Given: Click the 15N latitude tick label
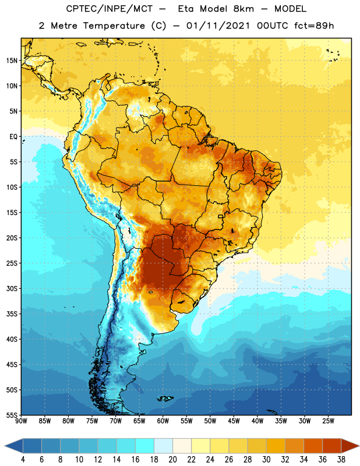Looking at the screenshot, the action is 12,61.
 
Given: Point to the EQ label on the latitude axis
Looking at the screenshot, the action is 13,137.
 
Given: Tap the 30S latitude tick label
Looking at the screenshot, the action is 12,289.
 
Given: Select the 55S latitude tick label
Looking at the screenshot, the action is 12,415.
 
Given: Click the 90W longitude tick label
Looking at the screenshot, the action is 21,421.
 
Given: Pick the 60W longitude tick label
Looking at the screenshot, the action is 163,421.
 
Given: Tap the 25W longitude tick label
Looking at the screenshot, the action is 328,421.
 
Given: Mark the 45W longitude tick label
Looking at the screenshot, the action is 234,421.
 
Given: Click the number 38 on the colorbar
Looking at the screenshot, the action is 341,460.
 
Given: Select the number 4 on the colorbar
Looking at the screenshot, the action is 23,460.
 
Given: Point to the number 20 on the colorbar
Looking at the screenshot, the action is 172,460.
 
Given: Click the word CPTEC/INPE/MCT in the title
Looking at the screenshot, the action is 109,9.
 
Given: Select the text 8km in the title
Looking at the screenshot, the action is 243,9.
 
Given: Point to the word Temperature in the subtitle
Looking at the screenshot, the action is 114,26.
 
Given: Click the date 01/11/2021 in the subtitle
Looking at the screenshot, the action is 218,26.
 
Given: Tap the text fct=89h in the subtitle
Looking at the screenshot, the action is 314,26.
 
